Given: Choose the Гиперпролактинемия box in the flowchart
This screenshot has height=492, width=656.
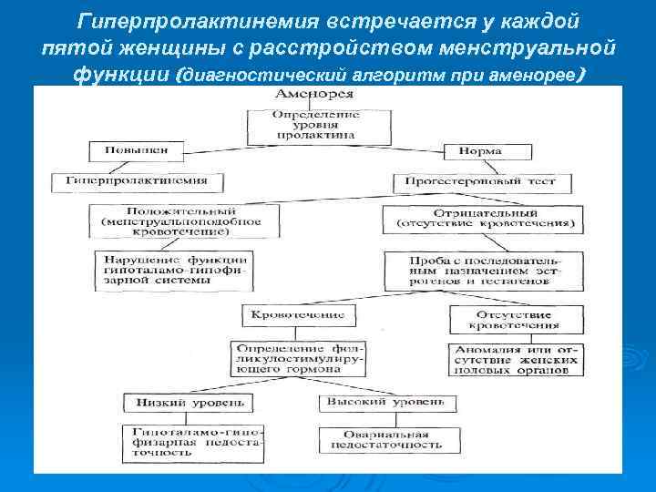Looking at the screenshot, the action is [x=135, y=180].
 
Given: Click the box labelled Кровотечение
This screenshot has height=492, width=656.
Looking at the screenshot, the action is [x=293, y=314].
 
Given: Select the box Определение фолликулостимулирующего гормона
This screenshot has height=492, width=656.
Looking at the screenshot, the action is [x=299, y=358].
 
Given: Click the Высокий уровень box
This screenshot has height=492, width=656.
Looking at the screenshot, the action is [x=382, y=402].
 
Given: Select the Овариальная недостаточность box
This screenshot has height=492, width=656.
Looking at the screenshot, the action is [x=381, y=439].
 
